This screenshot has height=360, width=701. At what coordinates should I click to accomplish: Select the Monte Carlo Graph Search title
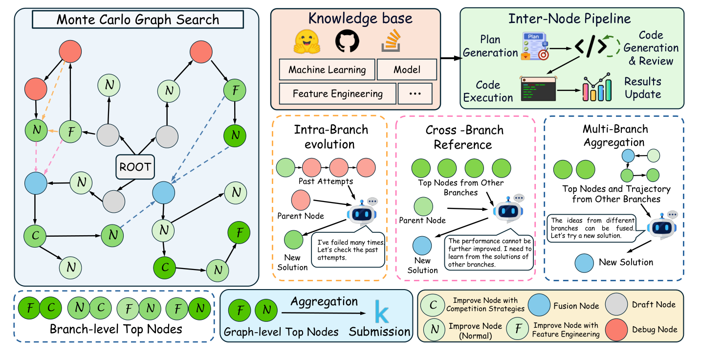pos(137,20)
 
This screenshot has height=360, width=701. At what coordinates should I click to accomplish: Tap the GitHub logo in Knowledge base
pos(347,43)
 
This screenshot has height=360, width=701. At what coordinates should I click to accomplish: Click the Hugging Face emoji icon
pos(306,43)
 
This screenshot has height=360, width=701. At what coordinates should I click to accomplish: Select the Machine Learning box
pos(327,69)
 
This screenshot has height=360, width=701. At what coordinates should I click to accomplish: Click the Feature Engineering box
pos(337,93)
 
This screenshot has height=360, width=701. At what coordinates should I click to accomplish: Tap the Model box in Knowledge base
pos(407,69)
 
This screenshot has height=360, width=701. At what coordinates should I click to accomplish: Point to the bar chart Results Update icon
pos(596,88)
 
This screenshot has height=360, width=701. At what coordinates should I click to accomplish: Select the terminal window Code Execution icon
pos(538,89)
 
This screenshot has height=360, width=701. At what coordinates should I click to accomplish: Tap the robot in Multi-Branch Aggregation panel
pos(662,226)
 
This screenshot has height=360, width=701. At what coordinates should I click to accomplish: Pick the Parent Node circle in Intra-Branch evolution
pos(301,201)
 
